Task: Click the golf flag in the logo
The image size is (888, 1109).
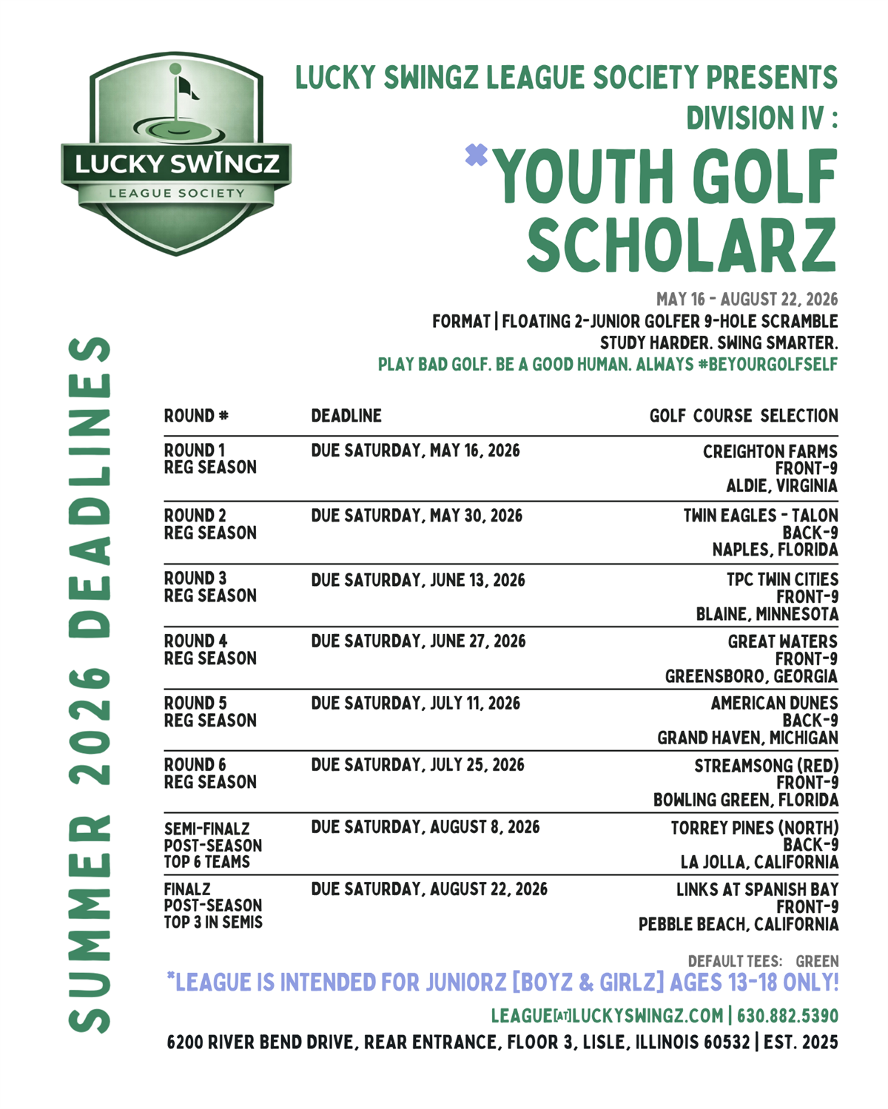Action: tap(186, 87)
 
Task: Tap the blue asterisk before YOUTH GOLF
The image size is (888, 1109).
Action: tap(477, 155)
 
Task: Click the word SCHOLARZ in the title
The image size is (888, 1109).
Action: tap(682, 245)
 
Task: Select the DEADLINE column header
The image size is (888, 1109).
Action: tap(346, 416)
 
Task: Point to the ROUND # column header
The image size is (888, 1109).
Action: tap(196, 416)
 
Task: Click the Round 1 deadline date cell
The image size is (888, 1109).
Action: tap(415, 451)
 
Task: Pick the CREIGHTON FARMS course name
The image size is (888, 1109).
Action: tap(770, 451)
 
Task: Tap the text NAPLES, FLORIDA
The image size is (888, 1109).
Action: tap(775, 550)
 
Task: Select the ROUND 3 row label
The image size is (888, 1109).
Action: tap(195, 578)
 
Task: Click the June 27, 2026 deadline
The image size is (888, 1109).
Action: tap(418, 641)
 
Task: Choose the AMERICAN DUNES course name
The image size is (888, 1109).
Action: tap(774, 703)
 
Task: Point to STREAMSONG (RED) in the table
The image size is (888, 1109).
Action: tap(766, 766)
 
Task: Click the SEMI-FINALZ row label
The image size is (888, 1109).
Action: tap(206, 829)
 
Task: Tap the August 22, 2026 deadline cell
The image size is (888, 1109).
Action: tap(429, 889)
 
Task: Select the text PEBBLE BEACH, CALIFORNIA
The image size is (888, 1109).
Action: tap(739, 924)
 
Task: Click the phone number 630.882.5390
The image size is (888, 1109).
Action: tap(787, 1016)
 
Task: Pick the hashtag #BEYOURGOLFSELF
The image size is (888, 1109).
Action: tap(767, 364)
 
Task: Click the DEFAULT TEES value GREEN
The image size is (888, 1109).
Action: tap(817, 961)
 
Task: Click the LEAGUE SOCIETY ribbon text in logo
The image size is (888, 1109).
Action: tap(176, 193)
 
